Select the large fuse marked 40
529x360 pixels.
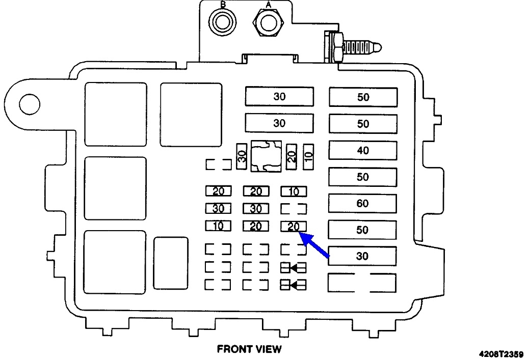pyautogui.click(x=363, y=150)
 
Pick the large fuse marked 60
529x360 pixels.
pyautogui.click(x=363, y=203)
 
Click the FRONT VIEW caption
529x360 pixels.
pyautogui.click(x=249, y=349)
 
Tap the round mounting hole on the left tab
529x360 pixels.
pyautogui.click(x=30, y=104)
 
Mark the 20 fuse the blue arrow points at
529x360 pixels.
pyautogui.click(x=294, y=227)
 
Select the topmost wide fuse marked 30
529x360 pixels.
pyautogui.click(x=279, y=96)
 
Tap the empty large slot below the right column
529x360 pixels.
pyautogui.click(x=362, y=283)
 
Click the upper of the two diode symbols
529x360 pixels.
pyautogui.click(x=294, y=268)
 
